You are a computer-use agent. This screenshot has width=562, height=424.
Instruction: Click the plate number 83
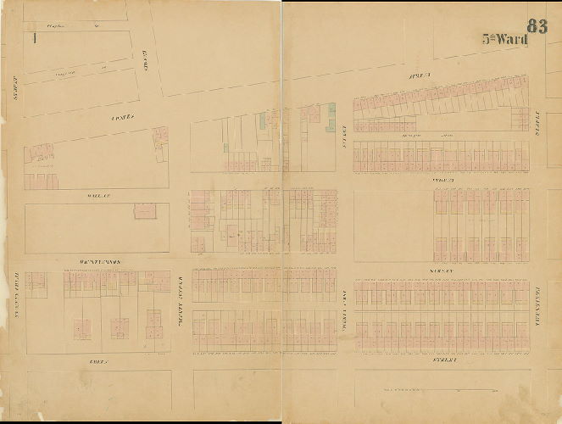pyautogui.click(x=537, y=25)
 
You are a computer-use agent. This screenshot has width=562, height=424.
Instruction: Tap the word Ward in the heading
pyautogui.click(x=513, y=39)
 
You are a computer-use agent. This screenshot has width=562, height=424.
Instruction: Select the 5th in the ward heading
pyautogui.click(x=489, y=39)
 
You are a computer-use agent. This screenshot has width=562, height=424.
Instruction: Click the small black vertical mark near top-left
pyautogui.click(x=32, y=38)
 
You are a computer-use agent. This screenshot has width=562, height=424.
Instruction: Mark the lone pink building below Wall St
pyautogui.click(x=145, y=210)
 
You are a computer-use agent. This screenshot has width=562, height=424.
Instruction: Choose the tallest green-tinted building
pyautogui.click(x=331, y=117)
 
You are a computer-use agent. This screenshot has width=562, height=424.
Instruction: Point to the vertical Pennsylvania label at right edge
pyautogui.click(x=538, y=302)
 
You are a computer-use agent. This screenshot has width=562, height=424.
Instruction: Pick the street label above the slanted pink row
pyautogui.click(x=420, y=77)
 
